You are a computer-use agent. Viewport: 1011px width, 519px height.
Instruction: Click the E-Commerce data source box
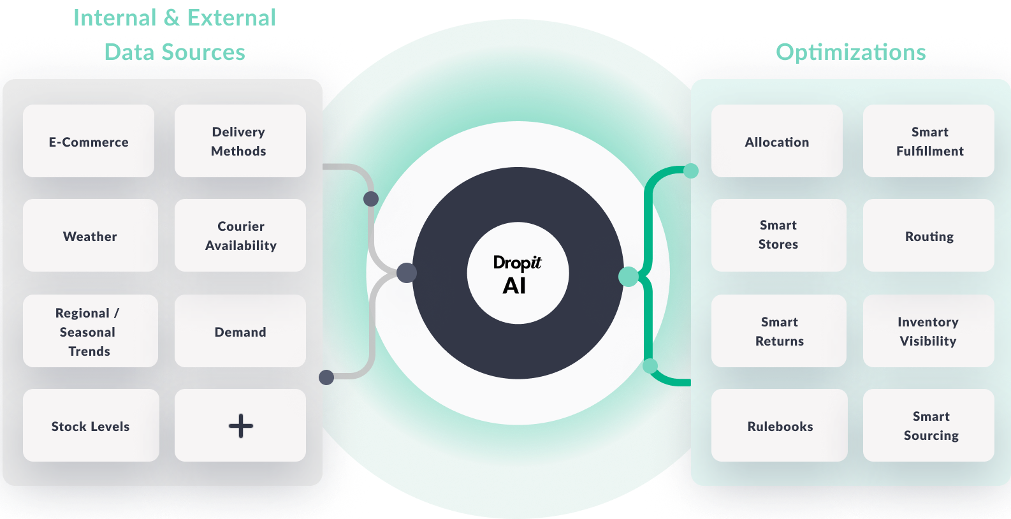click(x=89, y=142)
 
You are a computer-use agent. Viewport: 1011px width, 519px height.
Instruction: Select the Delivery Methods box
click(x=240, y=142)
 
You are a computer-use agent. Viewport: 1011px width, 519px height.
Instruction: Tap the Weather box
click(x=90, y=236)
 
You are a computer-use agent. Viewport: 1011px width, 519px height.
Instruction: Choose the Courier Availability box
click(x=240, y=236)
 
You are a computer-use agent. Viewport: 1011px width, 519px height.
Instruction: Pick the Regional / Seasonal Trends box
click(x=90, y=332)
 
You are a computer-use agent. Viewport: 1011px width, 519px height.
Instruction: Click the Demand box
click(x=240, y=332)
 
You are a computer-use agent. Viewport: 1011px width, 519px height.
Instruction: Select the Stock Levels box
click(x=91, y=426)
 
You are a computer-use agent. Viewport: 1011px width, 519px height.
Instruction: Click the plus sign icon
click(x=241, y=426)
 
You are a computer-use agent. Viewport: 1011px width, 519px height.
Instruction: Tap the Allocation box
click(x=776, y=142)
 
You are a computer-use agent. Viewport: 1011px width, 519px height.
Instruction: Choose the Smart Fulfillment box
click(x=929, y=142)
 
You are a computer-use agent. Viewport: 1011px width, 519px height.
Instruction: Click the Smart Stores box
click(x=778, y=235)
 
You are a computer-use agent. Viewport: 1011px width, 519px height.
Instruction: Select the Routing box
click(x=929, y=236)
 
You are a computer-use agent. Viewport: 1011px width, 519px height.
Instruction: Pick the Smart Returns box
click(x=779, y=332)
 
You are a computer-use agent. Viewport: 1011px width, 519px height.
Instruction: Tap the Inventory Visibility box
click(x=928, y=332)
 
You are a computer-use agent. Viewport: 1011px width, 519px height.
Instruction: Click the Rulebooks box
click(x=780, y=426)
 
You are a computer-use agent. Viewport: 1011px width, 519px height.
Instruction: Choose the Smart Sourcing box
click(x=930, y=426)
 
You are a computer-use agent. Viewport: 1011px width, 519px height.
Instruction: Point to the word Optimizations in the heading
click(x=850, y=52)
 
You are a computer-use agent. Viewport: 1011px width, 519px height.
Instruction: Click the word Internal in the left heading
click(x=115, y=18)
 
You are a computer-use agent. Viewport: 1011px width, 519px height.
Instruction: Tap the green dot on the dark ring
click(x=628, y=276)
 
